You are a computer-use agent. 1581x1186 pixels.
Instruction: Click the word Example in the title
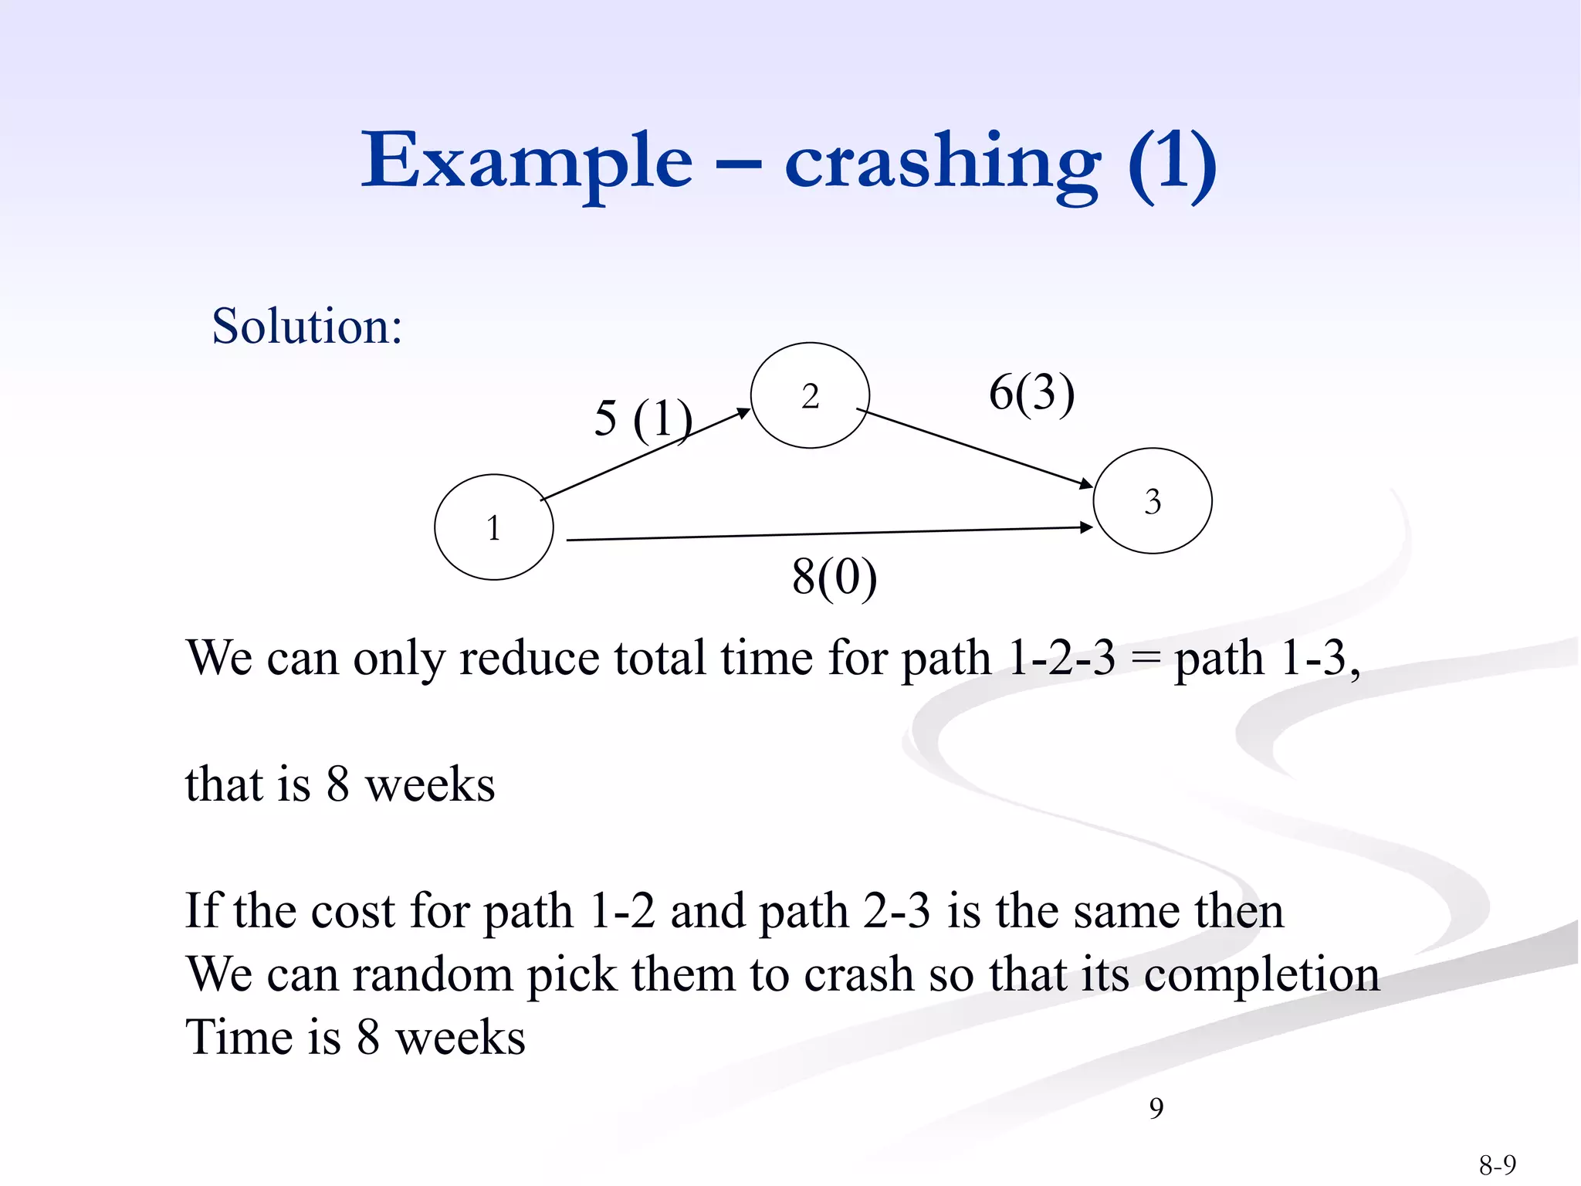[x=526, y=162]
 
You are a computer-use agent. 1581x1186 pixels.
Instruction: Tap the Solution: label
[x=307, y=326]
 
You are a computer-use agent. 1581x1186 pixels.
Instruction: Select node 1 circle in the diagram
[x=494, y=527]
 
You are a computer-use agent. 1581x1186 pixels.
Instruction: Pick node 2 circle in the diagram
[x=810, y=395]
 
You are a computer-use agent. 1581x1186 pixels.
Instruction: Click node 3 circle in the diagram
[x=1153, y=501]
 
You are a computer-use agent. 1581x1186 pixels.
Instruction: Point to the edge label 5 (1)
[x=642, y=418]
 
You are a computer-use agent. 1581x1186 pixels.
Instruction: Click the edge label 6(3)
[x=1031, y=392]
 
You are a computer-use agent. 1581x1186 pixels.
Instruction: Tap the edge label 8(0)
[x=835, y=577]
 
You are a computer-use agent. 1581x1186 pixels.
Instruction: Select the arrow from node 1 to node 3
[x=830, y=534]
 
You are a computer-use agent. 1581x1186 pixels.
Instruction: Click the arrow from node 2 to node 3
[x=974, y=447]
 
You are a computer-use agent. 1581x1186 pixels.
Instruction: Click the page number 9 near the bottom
[x=1156, y=1108]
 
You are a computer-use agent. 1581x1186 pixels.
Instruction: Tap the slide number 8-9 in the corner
[x=1497, y=1164]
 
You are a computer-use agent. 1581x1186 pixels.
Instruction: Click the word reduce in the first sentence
[x=529, y=659]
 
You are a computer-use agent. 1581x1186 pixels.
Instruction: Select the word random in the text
[x=432, y=974]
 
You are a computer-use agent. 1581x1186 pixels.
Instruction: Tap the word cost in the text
[x=353, y=911]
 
